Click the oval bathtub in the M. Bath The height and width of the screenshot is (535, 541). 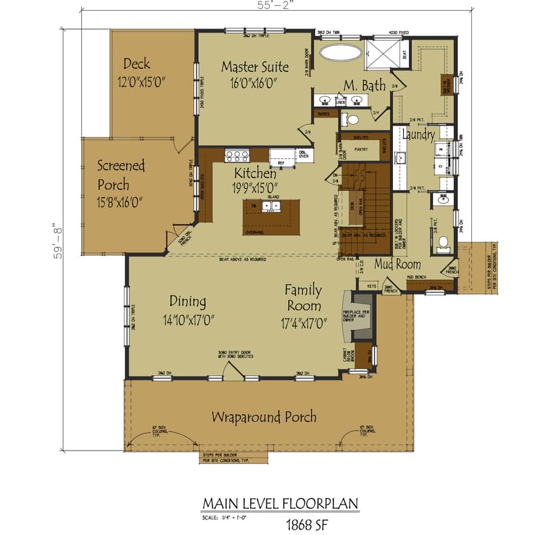tap(339, 53)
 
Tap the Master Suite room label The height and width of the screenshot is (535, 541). tap(255, 67)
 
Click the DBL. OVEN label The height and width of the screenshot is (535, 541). tap(304, 154)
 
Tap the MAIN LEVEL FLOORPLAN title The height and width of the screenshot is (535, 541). tap(280, 504)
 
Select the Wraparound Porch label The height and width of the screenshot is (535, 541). tap(264, 416)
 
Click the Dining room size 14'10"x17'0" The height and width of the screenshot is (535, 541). tap(188, 320)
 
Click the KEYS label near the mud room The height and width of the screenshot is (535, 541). tap(371, 286)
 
